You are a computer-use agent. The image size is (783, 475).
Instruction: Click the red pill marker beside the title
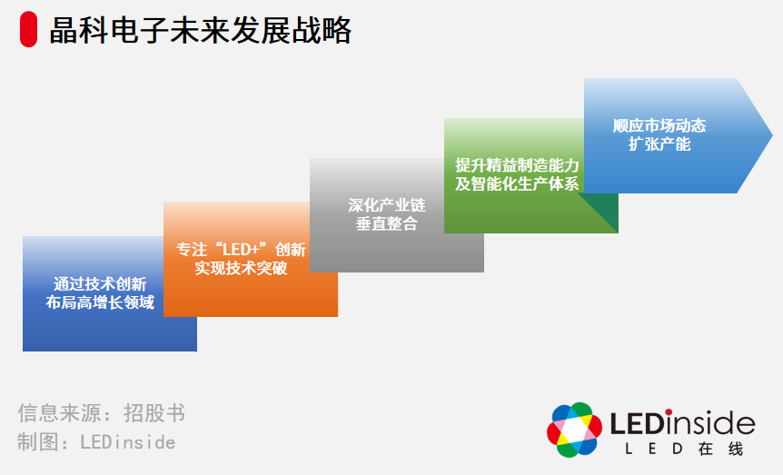coord(29,31)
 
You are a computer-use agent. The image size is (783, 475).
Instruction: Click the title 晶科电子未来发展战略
coord(200,31)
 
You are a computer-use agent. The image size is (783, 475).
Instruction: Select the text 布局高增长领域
coord(100,303)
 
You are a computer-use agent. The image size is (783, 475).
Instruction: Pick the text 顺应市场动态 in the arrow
coord(659,125)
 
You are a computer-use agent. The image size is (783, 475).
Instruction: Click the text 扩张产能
coord(659,144)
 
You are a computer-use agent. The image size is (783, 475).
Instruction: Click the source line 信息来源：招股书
coord(101,414)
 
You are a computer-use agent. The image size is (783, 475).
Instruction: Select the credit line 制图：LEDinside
coord(96,442)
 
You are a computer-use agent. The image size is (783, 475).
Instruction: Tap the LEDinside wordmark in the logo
coord(682,423)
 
